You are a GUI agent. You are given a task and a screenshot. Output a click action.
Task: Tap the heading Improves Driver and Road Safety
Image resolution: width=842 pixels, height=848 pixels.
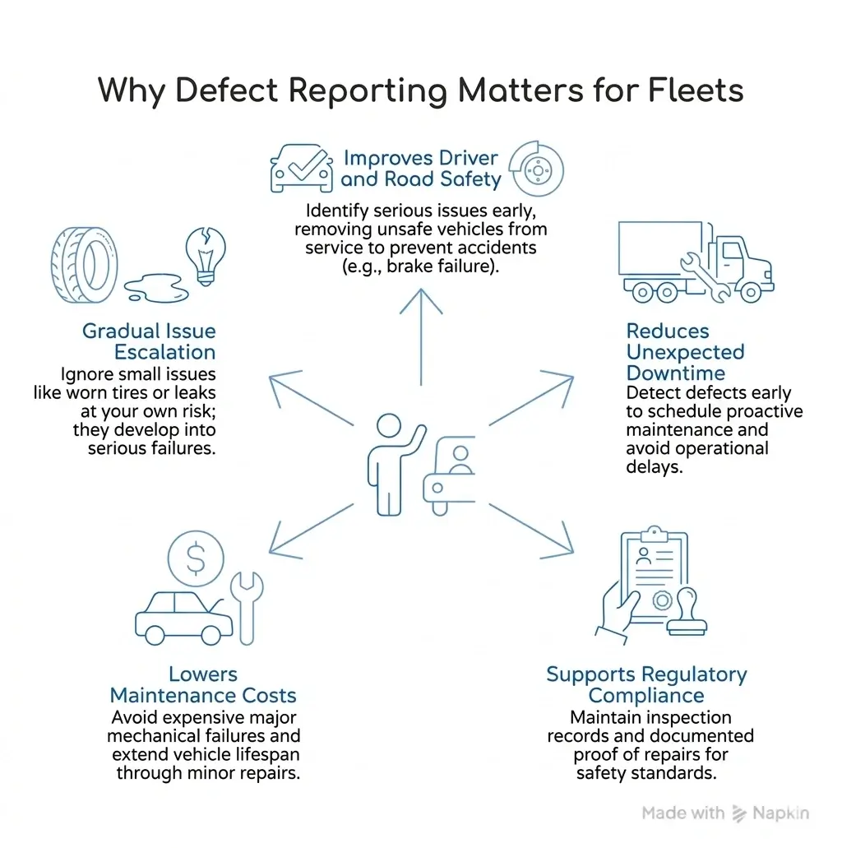click(420, 168)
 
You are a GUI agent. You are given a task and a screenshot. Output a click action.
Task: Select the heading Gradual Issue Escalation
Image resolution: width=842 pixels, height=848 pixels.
click(149, 342)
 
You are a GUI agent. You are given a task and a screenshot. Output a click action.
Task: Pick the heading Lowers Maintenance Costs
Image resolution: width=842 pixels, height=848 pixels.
click(203, 684)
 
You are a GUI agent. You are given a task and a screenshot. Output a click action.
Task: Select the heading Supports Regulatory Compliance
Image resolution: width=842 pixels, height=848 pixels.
click(646, 685)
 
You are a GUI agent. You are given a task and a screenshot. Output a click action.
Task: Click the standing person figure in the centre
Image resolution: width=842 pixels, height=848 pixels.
click(387, 464)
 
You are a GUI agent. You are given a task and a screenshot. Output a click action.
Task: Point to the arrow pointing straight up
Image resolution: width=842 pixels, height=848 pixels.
click(421, 337)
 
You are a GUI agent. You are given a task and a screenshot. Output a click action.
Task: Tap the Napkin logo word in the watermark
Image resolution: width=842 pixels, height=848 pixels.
click(781, 813)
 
